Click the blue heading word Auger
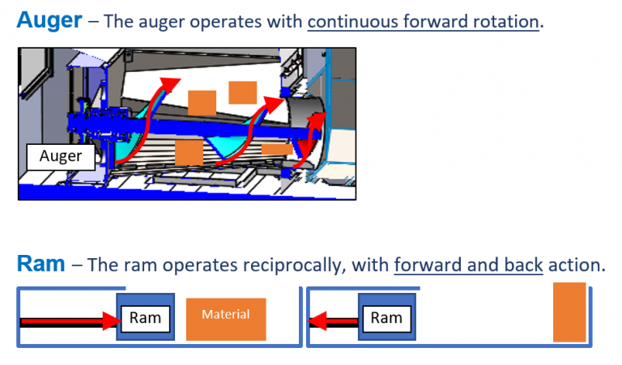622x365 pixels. point(49,20)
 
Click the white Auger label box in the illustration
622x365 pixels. point(60,156)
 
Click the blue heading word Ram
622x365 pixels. point(40,264)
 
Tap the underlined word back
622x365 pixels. point(523,265)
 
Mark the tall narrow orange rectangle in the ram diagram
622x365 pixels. point(569,312)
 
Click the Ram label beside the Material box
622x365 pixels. point(145,318)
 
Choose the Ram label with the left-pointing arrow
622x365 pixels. point(386,318)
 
